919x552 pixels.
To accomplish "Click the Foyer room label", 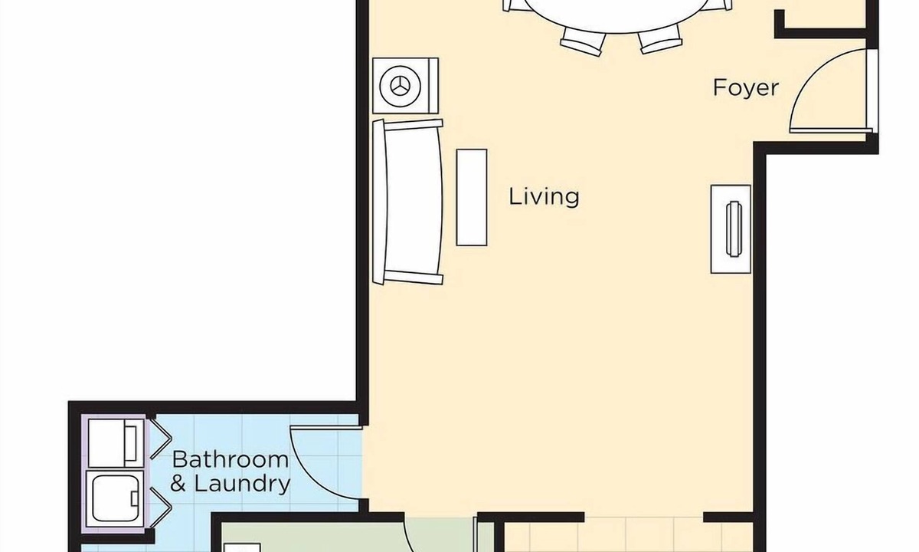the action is [x=745, y=88].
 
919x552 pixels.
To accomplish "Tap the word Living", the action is [x=544, y=197].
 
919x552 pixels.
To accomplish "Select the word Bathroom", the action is [x=231, y=459].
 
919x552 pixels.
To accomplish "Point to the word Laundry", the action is [x=242, y=484].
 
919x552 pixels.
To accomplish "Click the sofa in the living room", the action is [x=407, y=202].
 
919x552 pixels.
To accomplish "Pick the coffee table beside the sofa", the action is [x=472, y=198].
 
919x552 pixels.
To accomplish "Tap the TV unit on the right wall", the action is [x=731, y=229].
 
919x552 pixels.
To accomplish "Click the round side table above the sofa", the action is [x=405, y=86].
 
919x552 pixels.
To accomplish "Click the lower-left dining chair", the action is [x=583, y=41].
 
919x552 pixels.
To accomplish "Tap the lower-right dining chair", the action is [x=659, y=39].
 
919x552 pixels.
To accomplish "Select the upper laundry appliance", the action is [x=116, y=442].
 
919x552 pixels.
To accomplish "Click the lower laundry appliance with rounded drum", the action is [x=116, y=498].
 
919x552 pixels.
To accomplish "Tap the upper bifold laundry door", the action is [x=160, y=439].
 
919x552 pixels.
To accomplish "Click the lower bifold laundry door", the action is [x=160, y=508].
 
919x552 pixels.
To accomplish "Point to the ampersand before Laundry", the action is [x=178, y=484].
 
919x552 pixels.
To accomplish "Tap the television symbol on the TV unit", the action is [x=734, y=228].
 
